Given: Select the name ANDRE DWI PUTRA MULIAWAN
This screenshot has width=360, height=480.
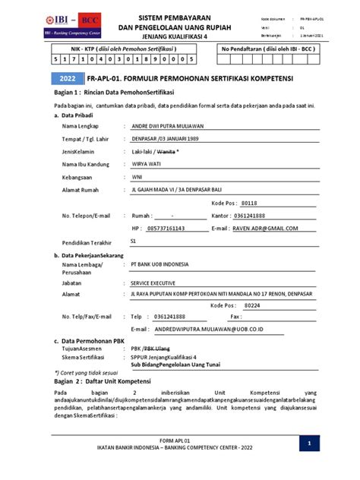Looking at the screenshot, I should pyautogui.click(x=173, y=125).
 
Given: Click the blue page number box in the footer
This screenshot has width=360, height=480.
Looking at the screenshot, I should pyautogui.click(x=309, y=443).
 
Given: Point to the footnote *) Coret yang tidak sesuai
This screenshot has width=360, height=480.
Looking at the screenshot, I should pyautogui.click(x=87, y=373).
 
